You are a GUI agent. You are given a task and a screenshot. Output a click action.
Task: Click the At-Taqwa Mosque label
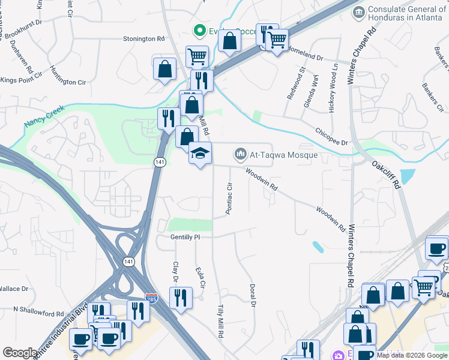[x=284, y=155]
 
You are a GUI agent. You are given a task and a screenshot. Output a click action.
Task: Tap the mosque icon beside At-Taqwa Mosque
[x=241, y=155]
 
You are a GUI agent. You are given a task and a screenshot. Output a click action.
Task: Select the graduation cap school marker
[x=200, y=154]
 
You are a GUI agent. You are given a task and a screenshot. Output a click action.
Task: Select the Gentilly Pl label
[x=184, y=238]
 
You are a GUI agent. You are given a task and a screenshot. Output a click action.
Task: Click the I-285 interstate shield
[x=152, y=298]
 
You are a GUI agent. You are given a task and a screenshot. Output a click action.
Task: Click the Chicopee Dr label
[x=331, y=136]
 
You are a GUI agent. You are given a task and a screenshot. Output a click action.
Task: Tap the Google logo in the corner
[x=19, y=353]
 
